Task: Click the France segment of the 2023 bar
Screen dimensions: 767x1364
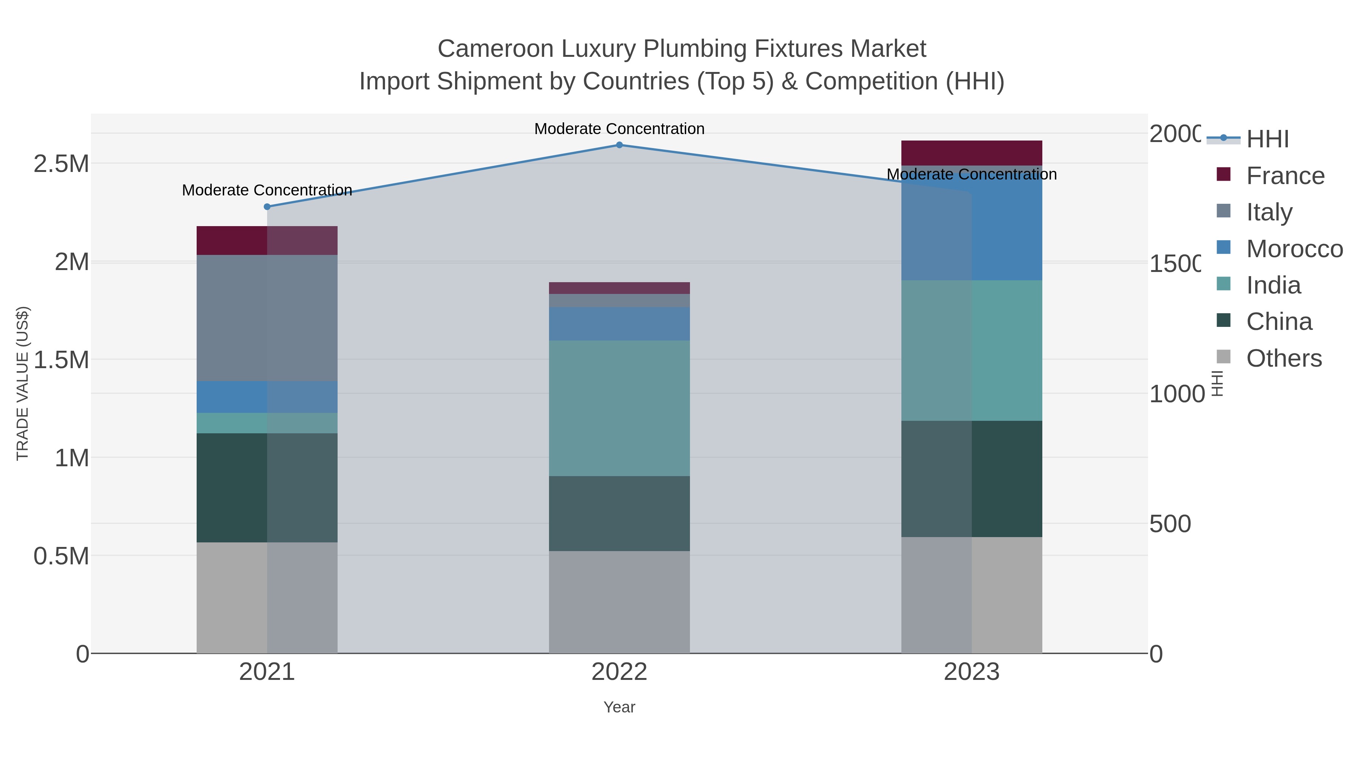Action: pos(971,153)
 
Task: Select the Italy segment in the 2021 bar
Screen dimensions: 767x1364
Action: pos(267,318)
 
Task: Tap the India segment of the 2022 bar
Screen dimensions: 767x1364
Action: pos(619,408)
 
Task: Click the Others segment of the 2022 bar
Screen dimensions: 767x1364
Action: pos(619,602)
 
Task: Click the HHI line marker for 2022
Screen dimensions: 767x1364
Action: pos(619,145)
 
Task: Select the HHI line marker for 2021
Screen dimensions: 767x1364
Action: pos(267,207)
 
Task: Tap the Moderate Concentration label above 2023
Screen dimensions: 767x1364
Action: pos(971,174)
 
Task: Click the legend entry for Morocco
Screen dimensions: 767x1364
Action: pos(1294,249)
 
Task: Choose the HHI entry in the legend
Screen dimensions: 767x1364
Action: pos(1267,139)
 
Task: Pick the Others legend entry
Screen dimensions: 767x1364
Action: pos(1284,358)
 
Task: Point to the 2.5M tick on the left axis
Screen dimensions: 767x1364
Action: pos(61,164)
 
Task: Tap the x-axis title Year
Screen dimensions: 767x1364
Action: pos(619,707)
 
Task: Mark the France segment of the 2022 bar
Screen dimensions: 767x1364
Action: pos(619,288)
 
